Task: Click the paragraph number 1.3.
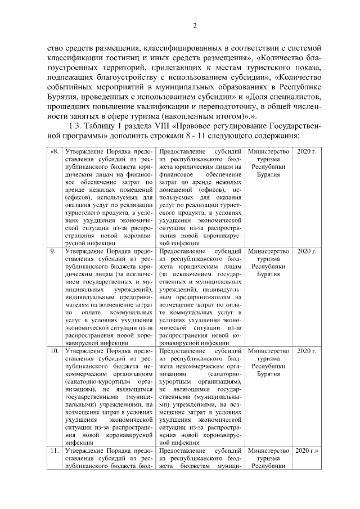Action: click(x=74, y=125)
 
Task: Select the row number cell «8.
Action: click(x=54, y=152)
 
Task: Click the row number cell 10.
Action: click(x=54, y=352)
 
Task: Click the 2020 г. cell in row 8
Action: click(x=307, y=152)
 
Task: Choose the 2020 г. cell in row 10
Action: click(x=307, y=352)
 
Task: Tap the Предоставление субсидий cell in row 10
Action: click(x=200, y=396)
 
